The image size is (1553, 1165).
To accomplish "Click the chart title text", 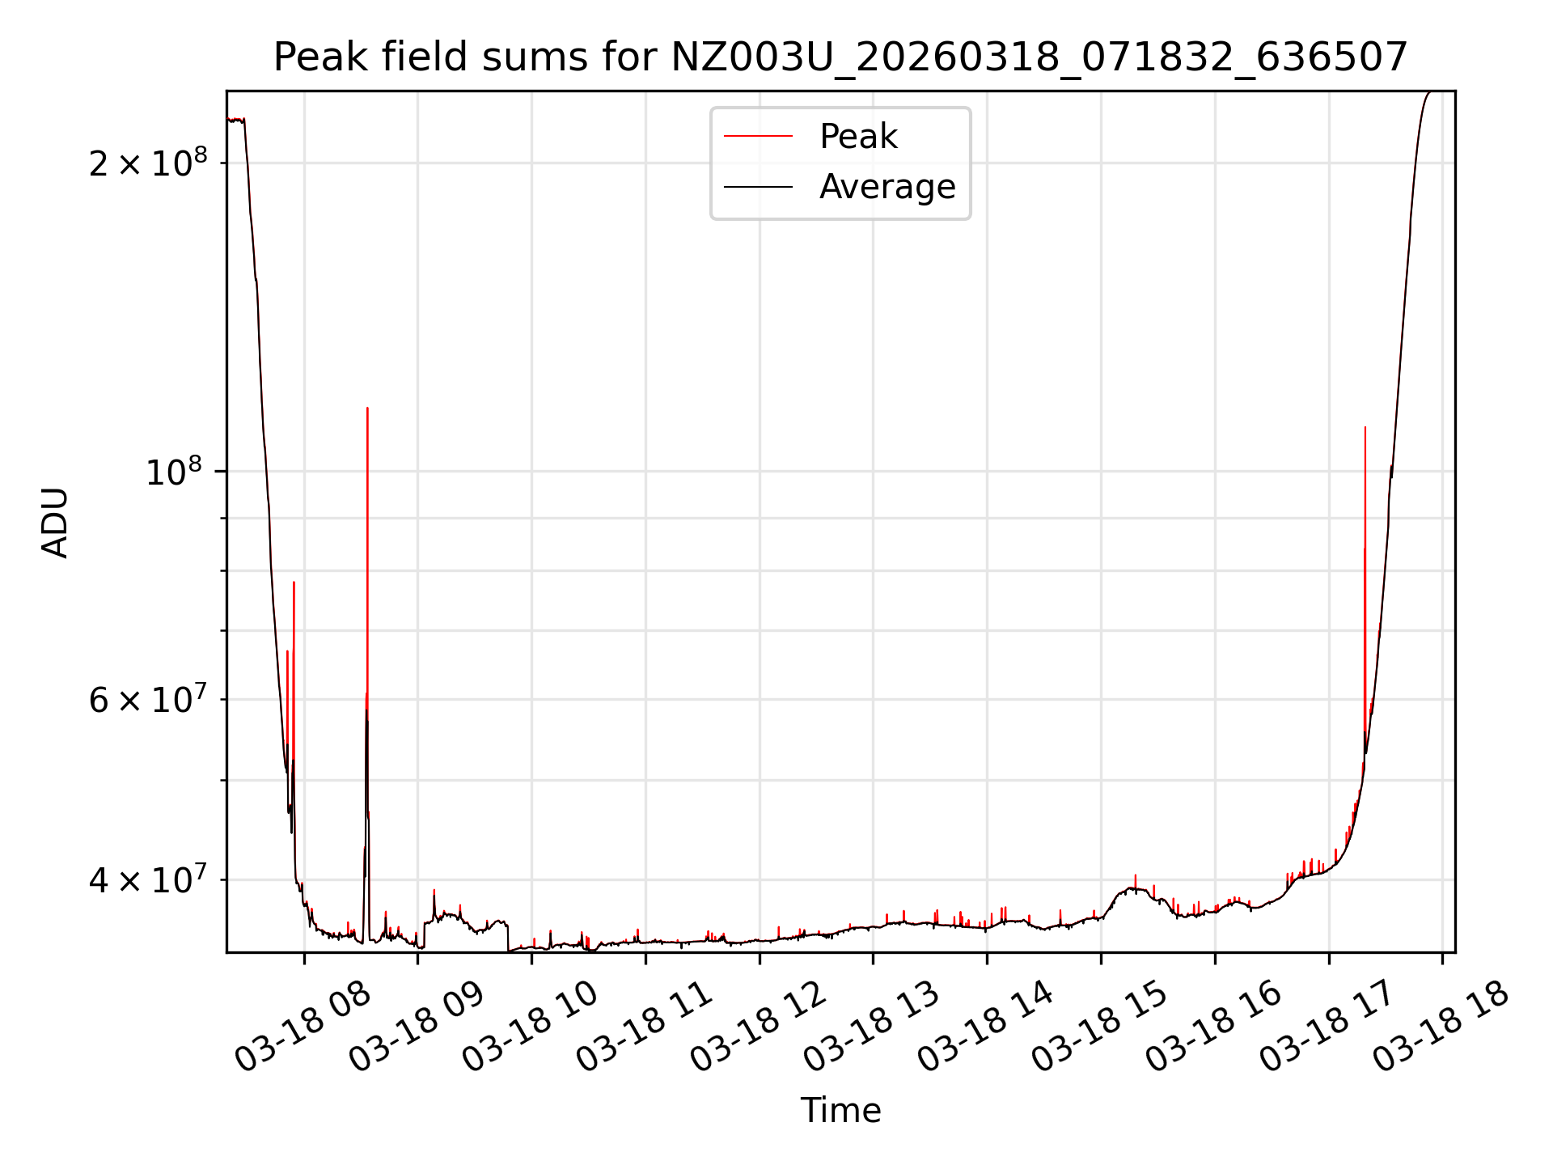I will tap(840, 57).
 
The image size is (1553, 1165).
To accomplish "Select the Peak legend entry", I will tap(858, 137).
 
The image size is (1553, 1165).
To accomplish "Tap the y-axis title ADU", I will tap(55, 522).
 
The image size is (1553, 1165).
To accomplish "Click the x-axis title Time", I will tap(840, 1110).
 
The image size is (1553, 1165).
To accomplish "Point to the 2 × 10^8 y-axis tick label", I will tap(148, 163).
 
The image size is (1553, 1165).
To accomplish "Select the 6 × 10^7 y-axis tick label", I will tap(148, 700).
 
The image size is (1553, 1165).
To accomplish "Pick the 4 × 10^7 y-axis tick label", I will tap(148, 880).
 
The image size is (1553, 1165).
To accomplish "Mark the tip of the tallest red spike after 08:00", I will tap(367, 409).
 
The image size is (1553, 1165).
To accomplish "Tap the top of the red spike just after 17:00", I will tap(1365, 428).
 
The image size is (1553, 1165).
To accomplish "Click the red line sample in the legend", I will tap(758, 137).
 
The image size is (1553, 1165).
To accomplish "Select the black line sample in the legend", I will tap(758, 187).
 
